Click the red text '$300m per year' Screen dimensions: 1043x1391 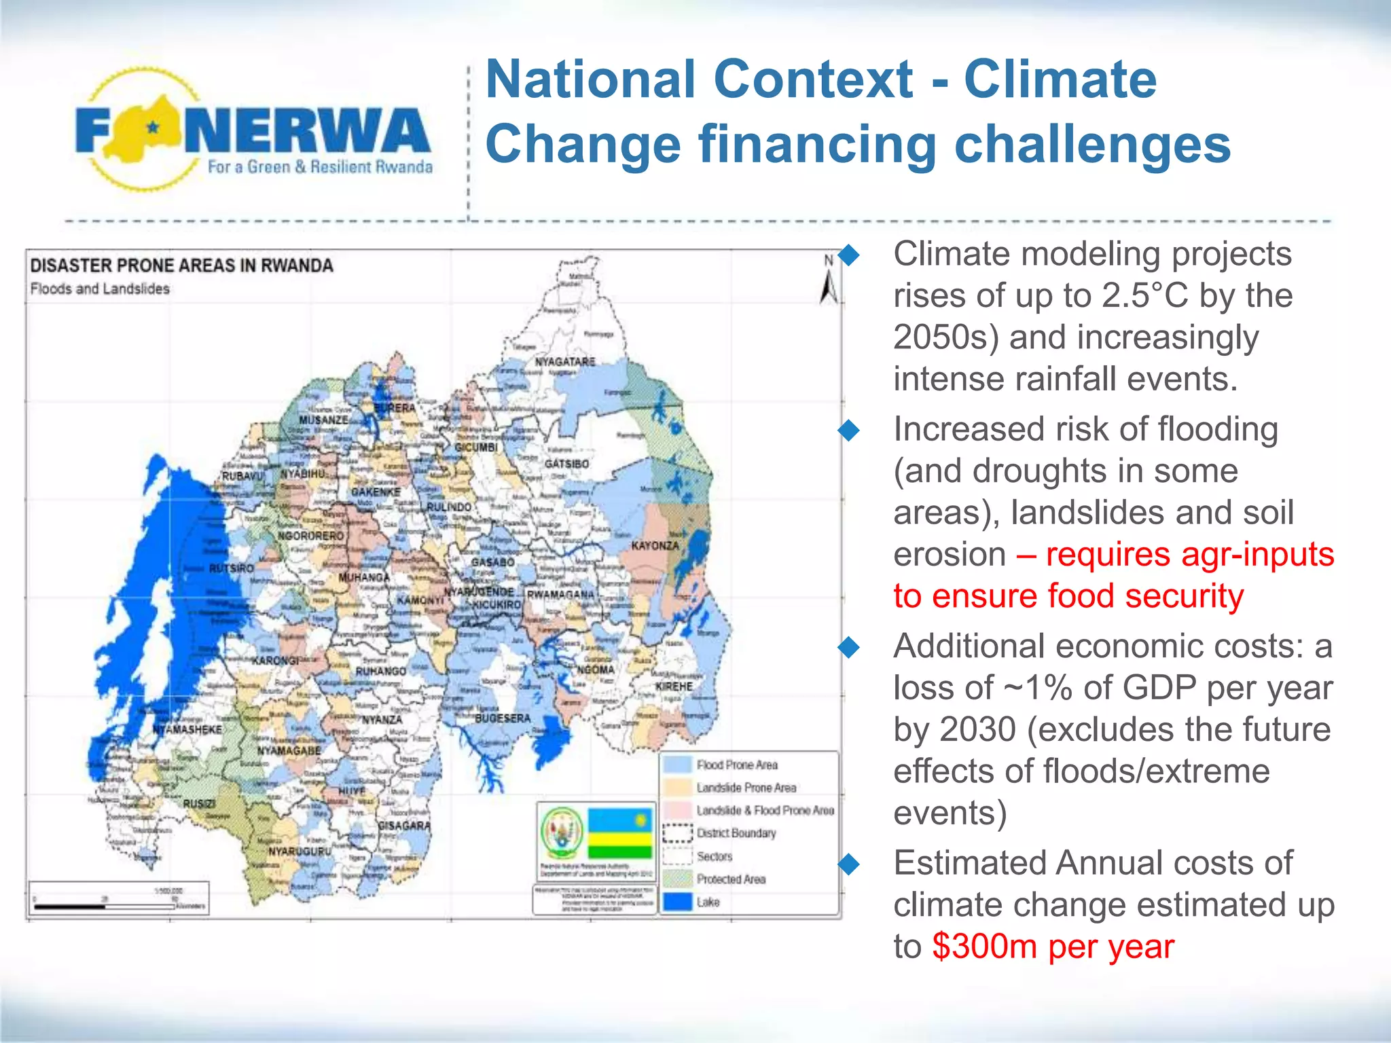point(1053,947)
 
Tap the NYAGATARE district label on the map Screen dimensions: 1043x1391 point(565,362)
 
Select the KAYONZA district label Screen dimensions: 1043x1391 point(655,546)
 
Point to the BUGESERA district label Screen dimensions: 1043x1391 point(503,718)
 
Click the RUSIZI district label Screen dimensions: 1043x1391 point(199,803)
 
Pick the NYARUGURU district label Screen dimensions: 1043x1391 point(300,851)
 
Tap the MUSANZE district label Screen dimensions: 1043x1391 point(323,420)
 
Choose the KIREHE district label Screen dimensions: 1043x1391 point(674,687)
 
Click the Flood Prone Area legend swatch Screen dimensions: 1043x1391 point(676,765)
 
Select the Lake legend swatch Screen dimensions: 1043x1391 point(676,902)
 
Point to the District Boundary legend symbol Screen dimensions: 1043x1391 point(676,833)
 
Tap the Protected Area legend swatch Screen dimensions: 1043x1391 point(676,879)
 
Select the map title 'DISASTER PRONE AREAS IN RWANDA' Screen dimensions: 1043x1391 point(181,266)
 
